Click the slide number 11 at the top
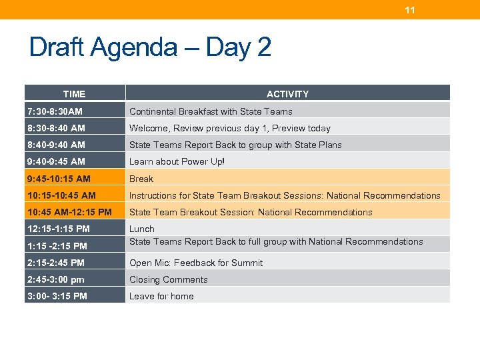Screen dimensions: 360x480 pyautogui.click(x=410, y=10)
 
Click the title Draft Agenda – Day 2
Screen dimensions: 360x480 pyautogui.click(x=150, y=47)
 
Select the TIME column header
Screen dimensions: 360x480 pyautogui.click(x=74, y=94)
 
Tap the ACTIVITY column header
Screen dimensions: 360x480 pyautogui.click(x=287, y=94)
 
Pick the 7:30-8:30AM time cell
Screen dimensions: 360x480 pyautogui.click(x=55, y=111)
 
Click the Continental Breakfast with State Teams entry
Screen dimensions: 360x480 pyautogui.click(x=211, y=111)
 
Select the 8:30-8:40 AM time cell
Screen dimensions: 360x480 pyautogui.click(x=56, y=128)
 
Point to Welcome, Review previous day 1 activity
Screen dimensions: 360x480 pyautogui.click(x=229, y=128)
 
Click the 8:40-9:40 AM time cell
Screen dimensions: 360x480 pyautogui.click(x=56, y=145)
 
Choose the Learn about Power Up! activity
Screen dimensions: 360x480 pyautogui.click(x=177, y=161)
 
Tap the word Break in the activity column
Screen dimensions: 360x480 pyautogui.click(x=141, y=179)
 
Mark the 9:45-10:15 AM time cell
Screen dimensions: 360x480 pyautogui.click(x=59, y=179)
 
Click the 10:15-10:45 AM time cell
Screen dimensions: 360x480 pyautogui.click(x=61, y=195)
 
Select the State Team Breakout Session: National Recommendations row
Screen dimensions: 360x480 pyautogui.click(x=251, y=212)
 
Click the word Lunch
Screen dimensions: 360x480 pyautogui.click(x=142, y=229)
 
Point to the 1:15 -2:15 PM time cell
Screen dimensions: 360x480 pyautogui.click(x=57, y=246)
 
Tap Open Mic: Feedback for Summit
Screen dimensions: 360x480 pyautogui.click(x=196, y=263)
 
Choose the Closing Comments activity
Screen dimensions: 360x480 pyautogui.click(x=169, y=279)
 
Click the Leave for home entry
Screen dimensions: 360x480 pyautogui.click(x=161, y=296)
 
